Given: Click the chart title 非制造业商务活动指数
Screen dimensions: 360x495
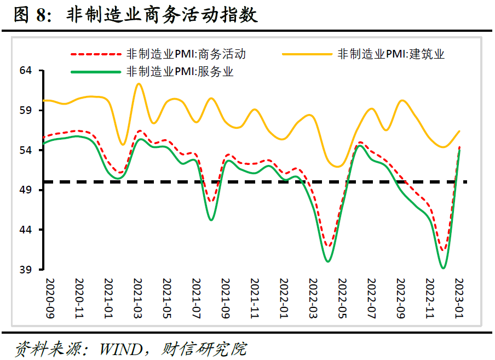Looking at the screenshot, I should pyautogui.click(x=162, y=15).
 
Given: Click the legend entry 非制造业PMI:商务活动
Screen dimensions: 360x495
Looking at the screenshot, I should pyautogui.click(x=186, y=54).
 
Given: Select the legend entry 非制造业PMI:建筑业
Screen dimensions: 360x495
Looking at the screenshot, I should pyautogui.click(x=391, y=54).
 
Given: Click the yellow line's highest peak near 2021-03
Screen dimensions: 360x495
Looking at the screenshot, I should pyautogui.click(x=139, y=84).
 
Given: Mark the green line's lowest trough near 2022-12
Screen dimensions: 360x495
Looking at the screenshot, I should pyautogui.click(x=443, y=268).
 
